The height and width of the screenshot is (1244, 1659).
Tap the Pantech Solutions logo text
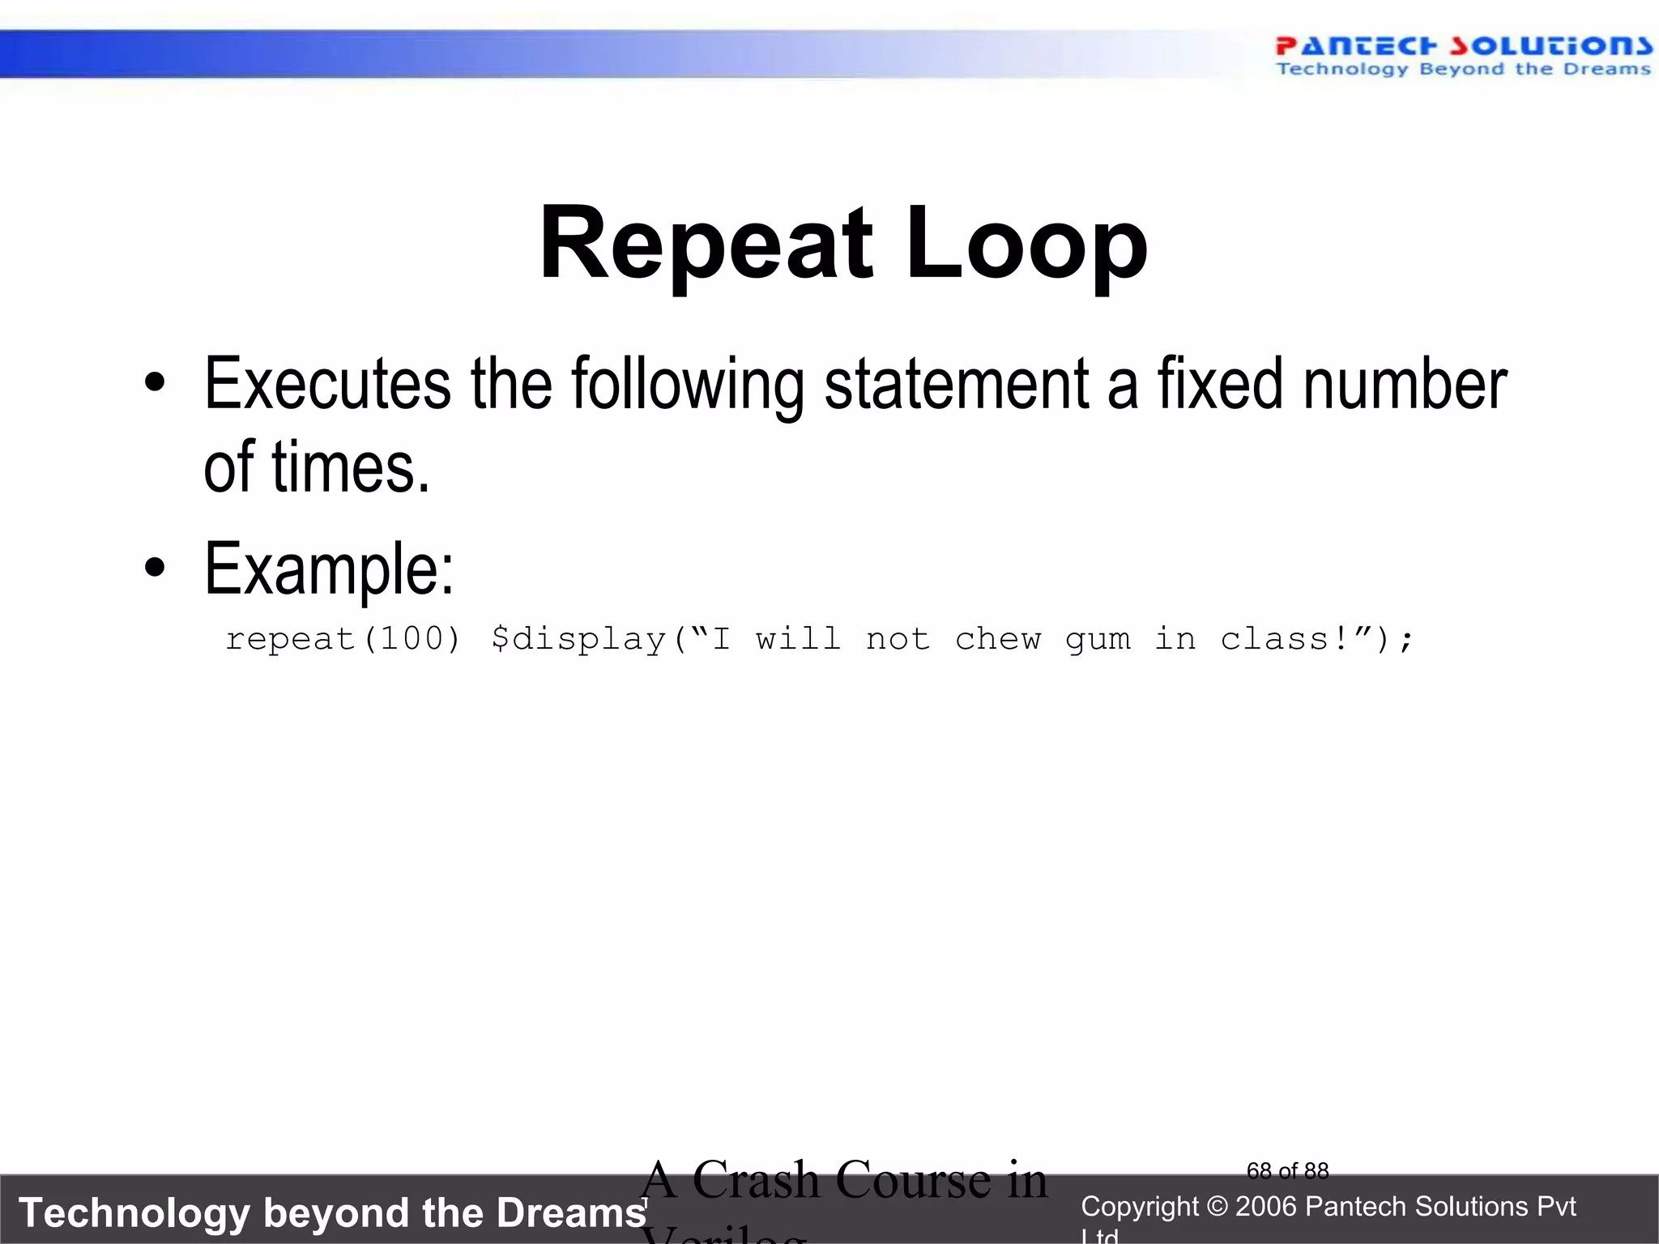[1463, 46]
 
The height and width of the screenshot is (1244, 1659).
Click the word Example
[329, 569]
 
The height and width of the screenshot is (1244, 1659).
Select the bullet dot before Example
[155, 568]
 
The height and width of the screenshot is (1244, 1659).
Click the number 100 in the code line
[412, 639]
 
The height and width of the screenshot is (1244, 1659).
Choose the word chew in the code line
[997, 639]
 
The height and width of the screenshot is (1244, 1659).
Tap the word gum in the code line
[1098, 641]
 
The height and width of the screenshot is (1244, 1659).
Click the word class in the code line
[1274, 639]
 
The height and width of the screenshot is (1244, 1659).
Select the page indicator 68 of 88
[1287, 1171]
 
